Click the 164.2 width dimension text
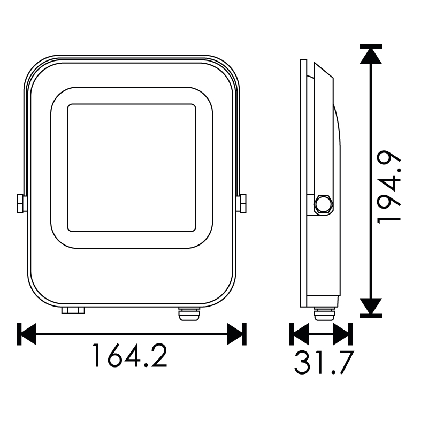pos(129,355)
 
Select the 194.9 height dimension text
pos(389,187)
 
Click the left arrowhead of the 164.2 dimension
pos(26,334)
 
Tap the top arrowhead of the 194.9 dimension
pos(370,54)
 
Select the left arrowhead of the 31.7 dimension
pos(300,334)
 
